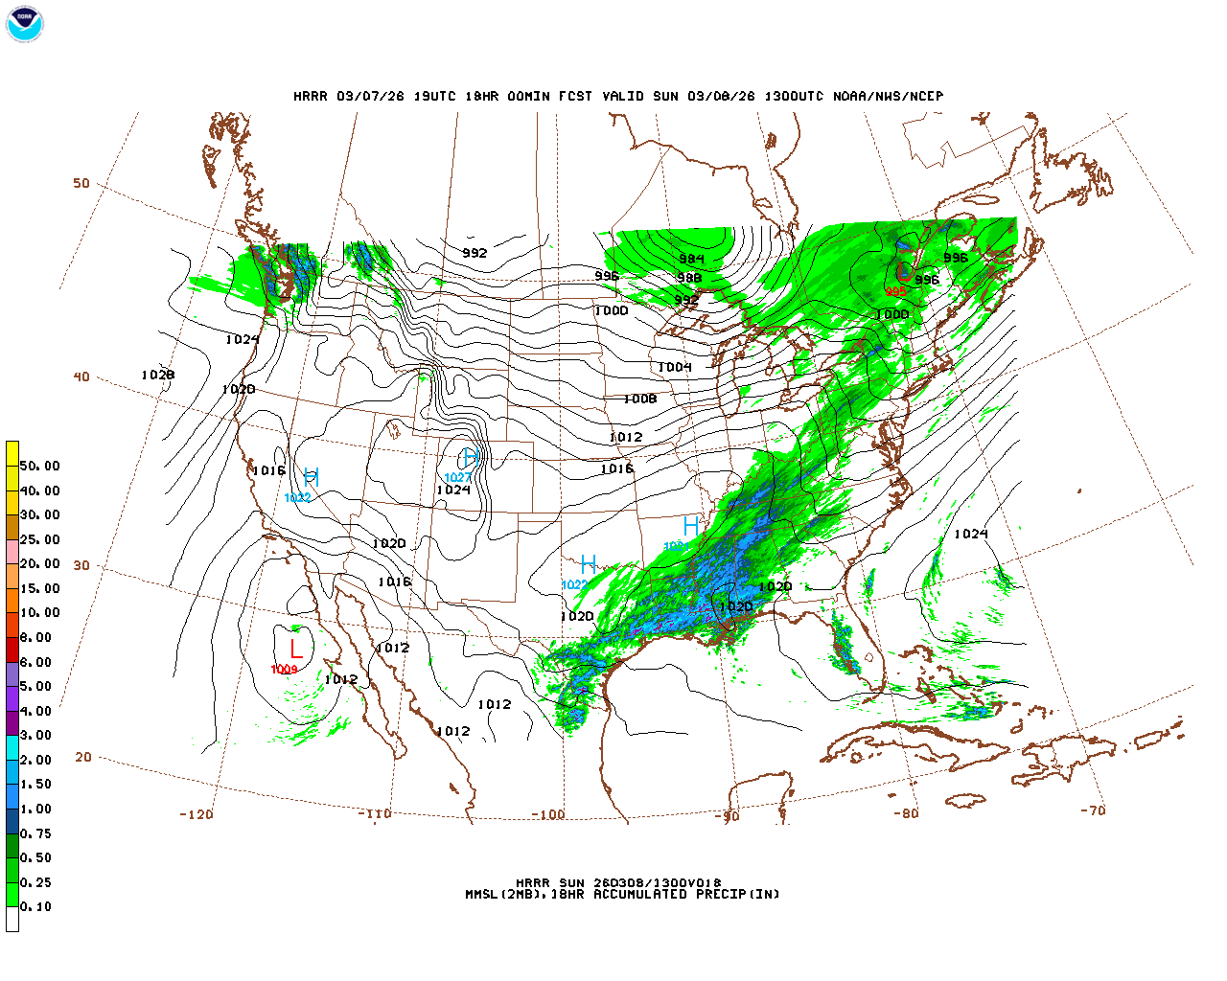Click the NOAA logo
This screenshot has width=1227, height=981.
25,24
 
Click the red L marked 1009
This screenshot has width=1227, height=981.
295,650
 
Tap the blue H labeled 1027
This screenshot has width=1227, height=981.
470,457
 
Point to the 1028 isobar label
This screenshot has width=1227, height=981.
158,375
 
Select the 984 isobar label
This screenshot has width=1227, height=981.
691,260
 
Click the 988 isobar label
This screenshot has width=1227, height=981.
688,278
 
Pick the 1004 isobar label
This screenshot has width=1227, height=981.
675,367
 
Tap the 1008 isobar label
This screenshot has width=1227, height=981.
640,399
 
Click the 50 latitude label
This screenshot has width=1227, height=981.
81,183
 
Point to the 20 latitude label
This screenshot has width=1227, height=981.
83,757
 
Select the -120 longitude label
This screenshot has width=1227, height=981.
196,814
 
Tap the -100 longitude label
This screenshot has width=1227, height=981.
547,814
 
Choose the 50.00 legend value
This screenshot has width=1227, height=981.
40,466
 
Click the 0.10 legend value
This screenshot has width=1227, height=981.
36,906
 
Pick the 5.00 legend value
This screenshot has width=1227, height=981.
36,686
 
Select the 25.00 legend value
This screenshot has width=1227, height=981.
40,539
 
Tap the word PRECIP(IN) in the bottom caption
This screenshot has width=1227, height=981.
734,894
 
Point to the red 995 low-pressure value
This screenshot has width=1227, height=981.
896,292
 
